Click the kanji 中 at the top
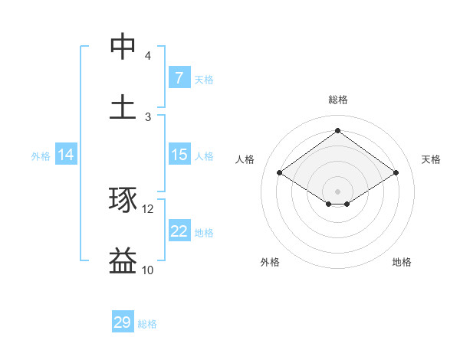(x=123, y=47)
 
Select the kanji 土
(x=123, y=107)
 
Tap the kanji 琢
(x=123, y=201)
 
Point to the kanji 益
(x=123, y=261)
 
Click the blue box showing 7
(x=179, y=78)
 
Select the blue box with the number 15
(x=179, y=155)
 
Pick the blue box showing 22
(x=179, y=231)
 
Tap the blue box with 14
(x=66, y=155)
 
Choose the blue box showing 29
(x=123, y=322)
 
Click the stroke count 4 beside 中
(x=148, y=56)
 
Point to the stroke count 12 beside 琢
(x=148, y=209)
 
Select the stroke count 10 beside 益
(x=148, y=270)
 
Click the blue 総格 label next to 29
(x=147, y=324)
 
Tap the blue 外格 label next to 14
(x=41, y=155)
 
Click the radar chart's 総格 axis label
(x=338, y=100)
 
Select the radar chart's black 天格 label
(x=431, y=159)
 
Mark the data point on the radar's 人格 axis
(x=279, y=173)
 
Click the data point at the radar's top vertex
(x=337, y=130)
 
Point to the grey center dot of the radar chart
(x=338, y=190)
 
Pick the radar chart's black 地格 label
(x=402, y=262)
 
